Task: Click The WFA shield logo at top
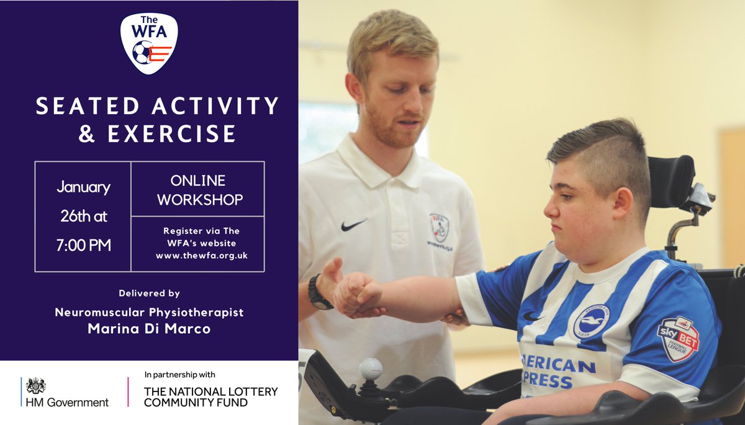(149, 43)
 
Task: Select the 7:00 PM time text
(83, 245)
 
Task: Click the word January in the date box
(83, 187)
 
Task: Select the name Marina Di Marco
(149, 329)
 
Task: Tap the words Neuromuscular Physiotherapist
(149, 312)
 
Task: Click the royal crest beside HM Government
(36, 385)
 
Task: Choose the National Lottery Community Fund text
(210, 397)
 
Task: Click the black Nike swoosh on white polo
(353, 225)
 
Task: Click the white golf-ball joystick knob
(370, 369)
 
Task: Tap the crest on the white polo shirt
(439, 227)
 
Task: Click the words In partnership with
(179, 375)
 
